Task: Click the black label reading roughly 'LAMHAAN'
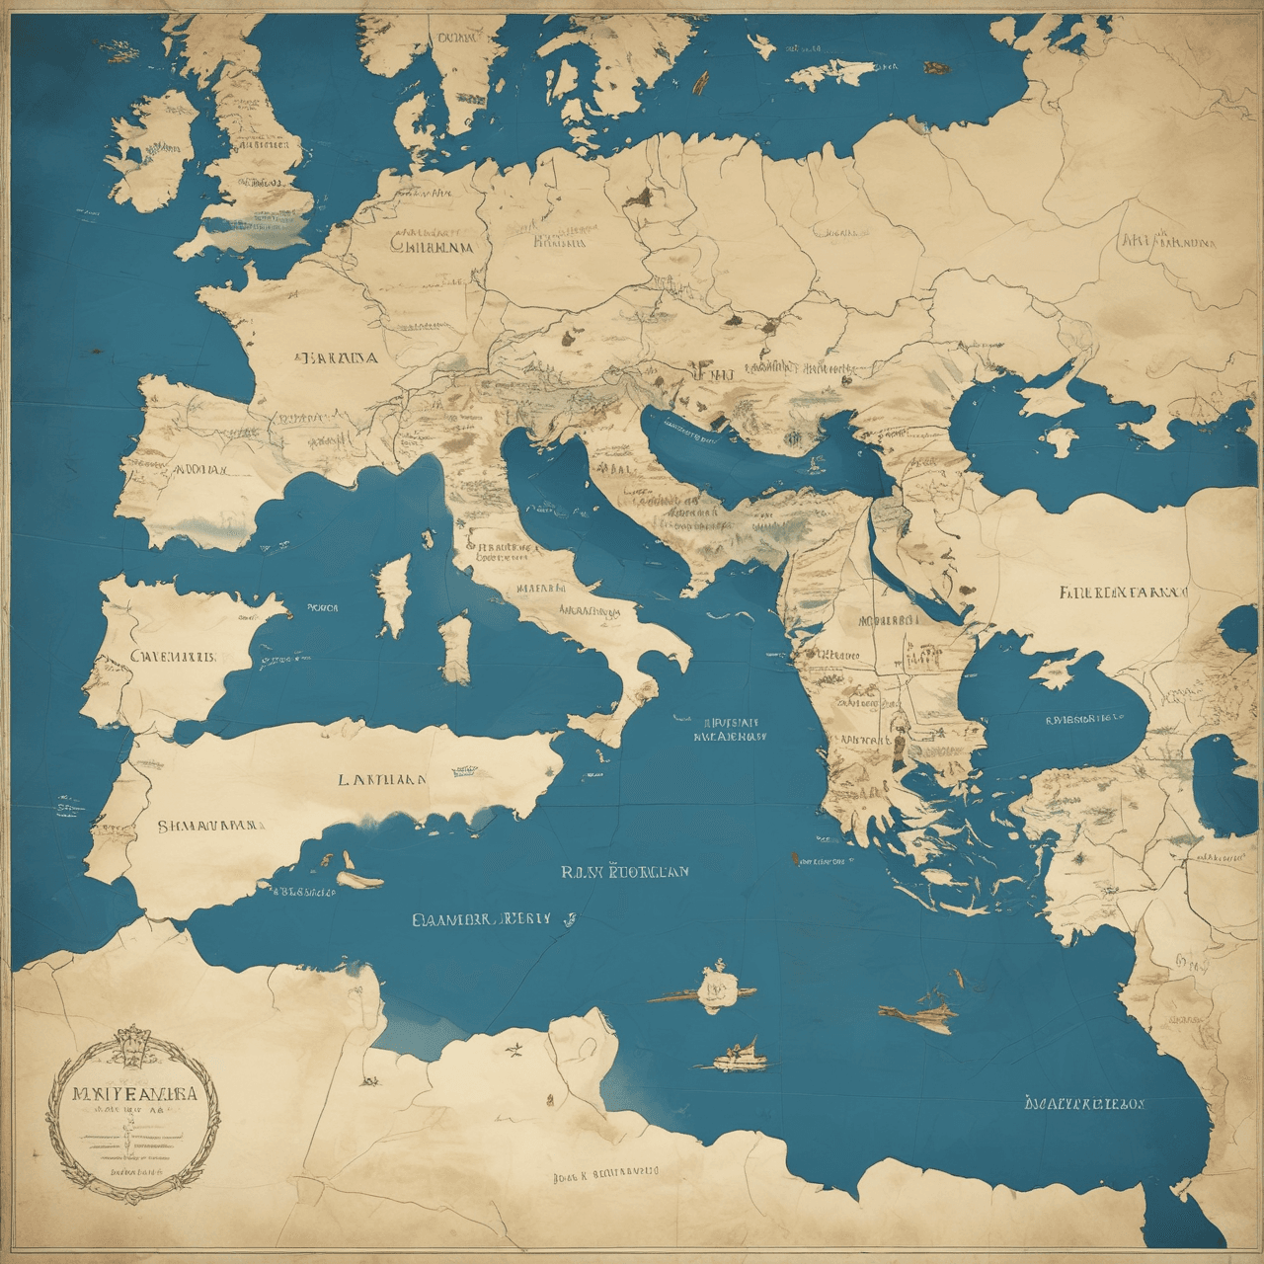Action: click(x=383, y=778)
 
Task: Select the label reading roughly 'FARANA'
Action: click(x=336, y=357)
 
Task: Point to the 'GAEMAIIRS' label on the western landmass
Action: click(x=174, y=657)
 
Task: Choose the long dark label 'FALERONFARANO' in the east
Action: click(x=1123, y=593)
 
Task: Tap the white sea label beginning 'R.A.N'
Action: click(x=624, y=872)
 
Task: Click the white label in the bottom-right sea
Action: click(x=1084, y=1102)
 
